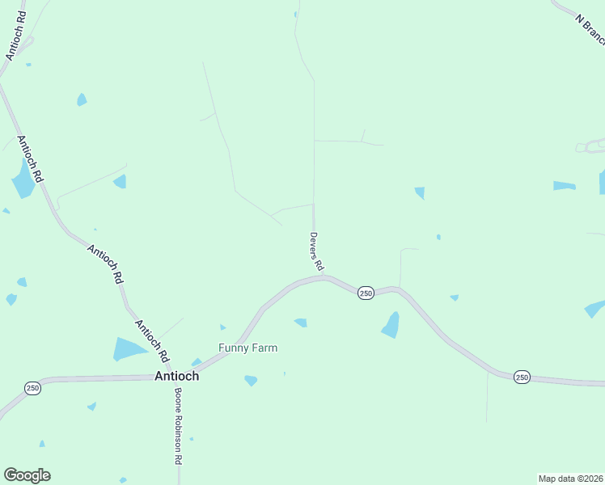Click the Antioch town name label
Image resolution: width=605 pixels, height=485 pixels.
coord(176,376)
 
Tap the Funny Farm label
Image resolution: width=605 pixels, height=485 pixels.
coord(248,348)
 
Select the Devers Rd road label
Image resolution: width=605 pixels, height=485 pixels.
coord(316,251)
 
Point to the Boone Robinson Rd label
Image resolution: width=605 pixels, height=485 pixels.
coord(178,426)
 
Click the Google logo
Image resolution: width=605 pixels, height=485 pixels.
coord(27,475)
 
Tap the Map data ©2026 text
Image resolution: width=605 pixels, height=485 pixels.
coord(570,479)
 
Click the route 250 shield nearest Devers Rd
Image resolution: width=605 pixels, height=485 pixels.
coord(366,293)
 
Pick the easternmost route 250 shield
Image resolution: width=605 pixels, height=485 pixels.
coord(522,377)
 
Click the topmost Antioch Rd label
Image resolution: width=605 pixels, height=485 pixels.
coord(16,36)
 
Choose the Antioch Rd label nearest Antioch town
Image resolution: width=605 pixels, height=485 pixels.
coord(151,340)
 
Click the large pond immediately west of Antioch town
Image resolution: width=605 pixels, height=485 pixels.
coord(129,349)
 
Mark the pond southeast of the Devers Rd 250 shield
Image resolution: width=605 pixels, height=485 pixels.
coord(391,325)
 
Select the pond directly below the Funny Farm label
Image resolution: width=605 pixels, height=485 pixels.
coord(251,380)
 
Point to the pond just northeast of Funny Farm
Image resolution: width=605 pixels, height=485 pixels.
coord(301,323)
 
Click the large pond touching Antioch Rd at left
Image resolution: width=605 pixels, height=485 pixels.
coord(22,179)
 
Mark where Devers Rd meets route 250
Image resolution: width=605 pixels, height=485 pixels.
coord(324,277)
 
